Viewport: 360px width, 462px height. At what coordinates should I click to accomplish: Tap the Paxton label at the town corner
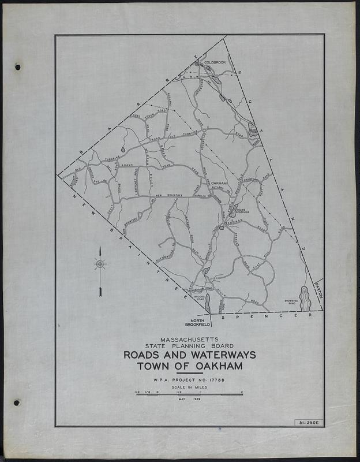pos(320,287)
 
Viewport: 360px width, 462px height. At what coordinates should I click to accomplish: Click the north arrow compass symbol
pos(100,265)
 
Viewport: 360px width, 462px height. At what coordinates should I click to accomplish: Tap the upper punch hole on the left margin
pos(17,67)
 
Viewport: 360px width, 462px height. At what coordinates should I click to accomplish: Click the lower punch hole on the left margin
pos(16,403)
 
